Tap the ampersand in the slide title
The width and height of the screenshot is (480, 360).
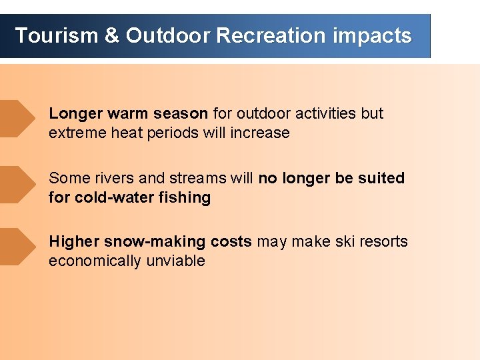(111, 35)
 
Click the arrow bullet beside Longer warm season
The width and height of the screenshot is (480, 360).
(17, 119)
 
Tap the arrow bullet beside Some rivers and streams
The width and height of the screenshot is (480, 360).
(17, 184)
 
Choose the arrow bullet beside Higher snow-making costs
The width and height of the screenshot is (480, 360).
(17, 247)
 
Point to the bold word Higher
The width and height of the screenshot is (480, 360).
(74, 241)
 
